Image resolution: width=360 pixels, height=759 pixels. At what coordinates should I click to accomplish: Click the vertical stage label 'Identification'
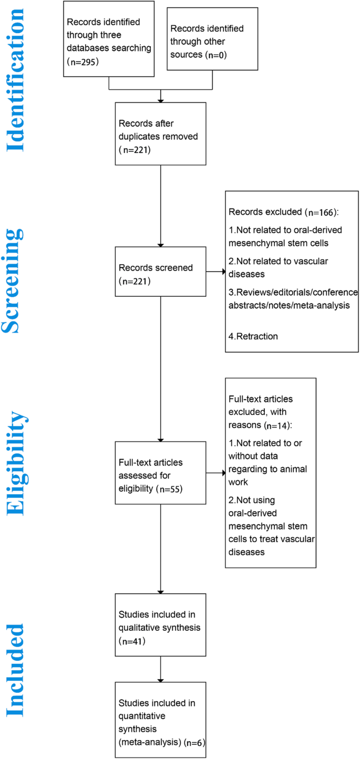click(15, 79)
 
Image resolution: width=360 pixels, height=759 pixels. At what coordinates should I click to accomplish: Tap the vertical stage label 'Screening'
click(15, 281)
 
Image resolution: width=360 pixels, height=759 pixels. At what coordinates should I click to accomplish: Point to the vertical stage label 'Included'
click(15, 670)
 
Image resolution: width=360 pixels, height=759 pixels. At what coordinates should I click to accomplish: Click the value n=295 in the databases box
click(84, 61)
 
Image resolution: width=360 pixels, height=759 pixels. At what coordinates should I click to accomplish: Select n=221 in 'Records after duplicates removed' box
click(136, 149)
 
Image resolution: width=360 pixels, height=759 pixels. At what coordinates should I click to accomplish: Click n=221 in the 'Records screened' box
click(136, 282)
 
